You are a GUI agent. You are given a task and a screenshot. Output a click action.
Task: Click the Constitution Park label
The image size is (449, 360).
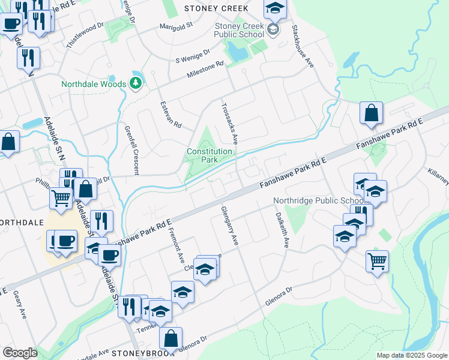209,156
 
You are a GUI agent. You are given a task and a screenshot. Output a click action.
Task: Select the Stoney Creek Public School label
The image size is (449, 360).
240,30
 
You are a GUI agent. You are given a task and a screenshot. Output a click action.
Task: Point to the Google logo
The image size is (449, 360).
20,352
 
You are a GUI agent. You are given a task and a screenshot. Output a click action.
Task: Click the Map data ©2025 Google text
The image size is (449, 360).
411,355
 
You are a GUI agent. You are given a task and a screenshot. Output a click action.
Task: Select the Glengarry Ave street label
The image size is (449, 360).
230,225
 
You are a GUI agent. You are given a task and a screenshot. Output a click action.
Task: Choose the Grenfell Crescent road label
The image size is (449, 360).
132,150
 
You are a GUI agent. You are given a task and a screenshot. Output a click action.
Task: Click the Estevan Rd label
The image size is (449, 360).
170,115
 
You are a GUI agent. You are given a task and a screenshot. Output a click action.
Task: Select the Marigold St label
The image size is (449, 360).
175,26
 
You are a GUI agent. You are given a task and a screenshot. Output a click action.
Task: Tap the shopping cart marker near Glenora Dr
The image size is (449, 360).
377,261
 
